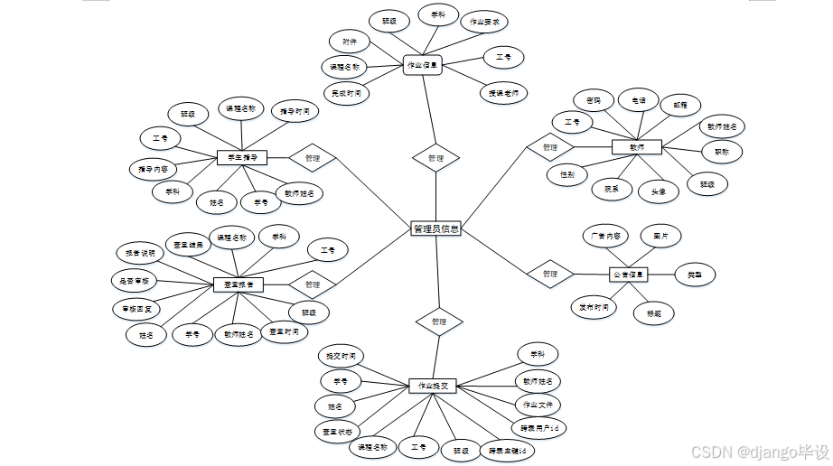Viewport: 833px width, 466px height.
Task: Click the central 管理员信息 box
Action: click(435, 229)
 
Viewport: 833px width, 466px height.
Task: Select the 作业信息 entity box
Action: click(422, 65)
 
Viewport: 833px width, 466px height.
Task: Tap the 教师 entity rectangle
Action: click(637, 146)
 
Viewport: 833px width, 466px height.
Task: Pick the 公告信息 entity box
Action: click(629, 274)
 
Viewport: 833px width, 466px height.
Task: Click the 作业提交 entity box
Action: click(433, 386)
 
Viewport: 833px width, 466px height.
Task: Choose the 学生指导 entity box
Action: click(242, 158)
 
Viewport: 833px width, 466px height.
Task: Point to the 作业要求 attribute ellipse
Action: click(484, 22)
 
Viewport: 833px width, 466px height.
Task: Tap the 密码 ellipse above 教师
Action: click(594, 99)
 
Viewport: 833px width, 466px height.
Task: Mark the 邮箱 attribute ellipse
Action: click(680, 105)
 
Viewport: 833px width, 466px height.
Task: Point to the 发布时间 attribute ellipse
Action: click(594, 307)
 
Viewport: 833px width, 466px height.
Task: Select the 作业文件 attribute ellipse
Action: click(538, 404)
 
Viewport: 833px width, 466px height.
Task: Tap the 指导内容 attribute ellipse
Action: click(153, 169)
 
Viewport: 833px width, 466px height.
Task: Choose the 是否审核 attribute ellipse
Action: click(135, 281)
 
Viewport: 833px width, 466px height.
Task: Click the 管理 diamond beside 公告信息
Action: click(550, 274)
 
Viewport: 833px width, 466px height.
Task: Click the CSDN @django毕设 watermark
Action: click(759, 451)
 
